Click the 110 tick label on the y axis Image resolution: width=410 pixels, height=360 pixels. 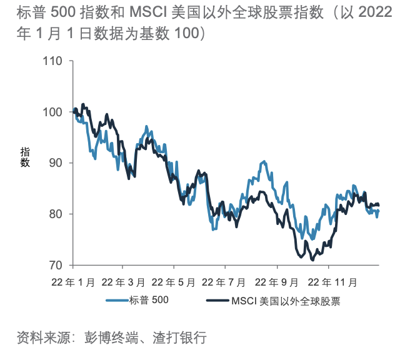[54, 61]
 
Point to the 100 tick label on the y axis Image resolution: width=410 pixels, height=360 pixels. [54, 112]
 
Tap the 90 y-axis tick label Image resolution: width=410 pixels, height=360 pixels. [56, 163]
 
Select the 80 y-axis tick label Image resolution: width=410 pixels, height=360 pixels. [56, 214]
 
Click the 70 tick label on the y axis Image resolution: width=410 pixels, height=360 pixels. [56, 265]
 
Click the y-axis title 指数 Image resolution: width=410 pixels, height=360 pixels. [26, 157]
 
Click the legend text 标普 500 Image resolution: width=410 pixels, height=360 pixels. [149, 301]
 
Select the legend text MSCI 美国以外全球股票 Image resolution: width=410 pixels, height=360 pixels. [289, 301]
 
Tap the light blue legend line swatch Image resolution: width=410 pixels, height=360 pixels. [116, 301]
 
